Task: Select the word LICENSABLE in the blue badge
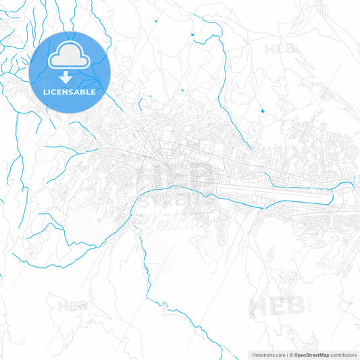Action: tap(70, 91)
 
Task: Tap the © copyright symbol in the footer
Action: tap(291, 354)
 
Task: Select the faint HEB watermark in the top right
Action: tap(279, 49)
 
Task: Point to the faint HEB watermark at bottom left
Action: tap(70, 306)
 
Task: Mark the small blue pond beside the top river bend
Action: tap(192, 34)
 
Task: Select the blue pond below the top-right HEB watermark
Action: tap(261, 110)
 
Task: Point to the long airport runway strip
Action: tap(284, 196)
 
